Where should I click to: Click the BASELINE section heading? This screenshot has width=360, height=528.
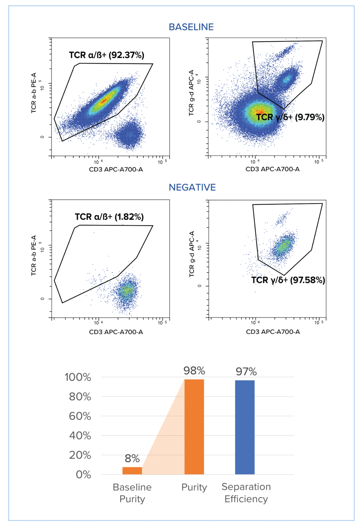tap(191, 27)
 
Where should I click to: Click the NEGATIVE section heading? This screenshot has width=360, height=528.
tap(192, 187)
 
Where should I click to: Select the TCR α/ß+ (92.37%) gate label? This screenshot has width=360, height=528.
tap(107, 55)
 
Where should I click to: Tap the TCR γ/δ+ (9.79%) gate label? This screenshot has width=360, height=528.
tap(290, 117)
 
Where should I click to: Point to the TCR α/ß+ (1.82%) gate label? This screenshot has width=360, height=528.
tap(109, 217)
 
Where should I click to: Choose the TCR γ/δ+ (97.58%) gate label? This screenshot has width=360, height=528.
tap(288, 280)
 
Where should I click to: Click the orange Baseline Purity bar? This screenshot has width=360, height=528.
tap(132, 471)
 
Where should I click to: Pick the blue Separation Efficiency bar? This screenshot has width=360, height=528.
tap(245, 427)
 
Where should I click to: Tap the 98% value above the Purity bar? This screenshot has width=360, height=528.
tap(194, 371)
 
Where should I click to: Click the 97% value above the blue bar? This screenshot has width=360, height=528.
tap(246, 372)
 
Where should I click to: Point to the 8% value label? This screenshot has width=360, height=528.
tap(132, 458)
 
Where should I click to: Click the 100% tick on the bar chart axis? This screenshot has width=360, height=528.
tap(78, 377)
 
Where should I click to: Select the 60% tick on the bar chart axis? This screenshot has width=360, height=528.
tap(80, 416)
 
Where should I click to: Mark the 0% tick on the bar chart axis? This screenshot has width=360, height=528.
tap(83, 475)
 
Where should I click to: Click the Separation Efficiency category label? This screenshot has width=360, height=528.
tap(246, 493)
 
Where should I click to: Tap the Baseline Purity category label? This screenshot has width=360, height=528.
tap(132, 493)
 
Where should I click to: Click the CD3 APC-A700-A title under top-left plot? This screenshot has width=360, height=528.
tap(116, 169)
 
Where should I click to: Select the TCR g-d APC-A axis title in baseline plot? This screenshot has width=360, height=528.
tap(192, 93)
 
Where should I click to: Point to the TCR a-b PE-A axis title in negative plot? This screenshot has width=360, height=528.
tap(34, 255)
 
